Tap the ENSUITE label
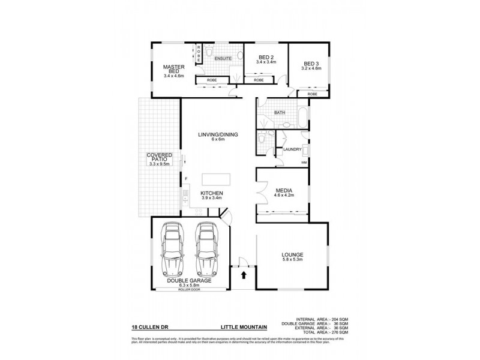point(223,59)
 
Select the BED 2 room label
point(265,58)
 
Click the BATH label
point(279,112)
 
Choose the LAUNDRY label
point(292,149)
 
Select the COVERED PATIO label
point(160,159)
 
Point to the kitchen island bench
point(216,179)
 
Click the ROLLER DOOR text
point(190,290)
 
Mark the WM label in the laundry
point(304,163)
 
